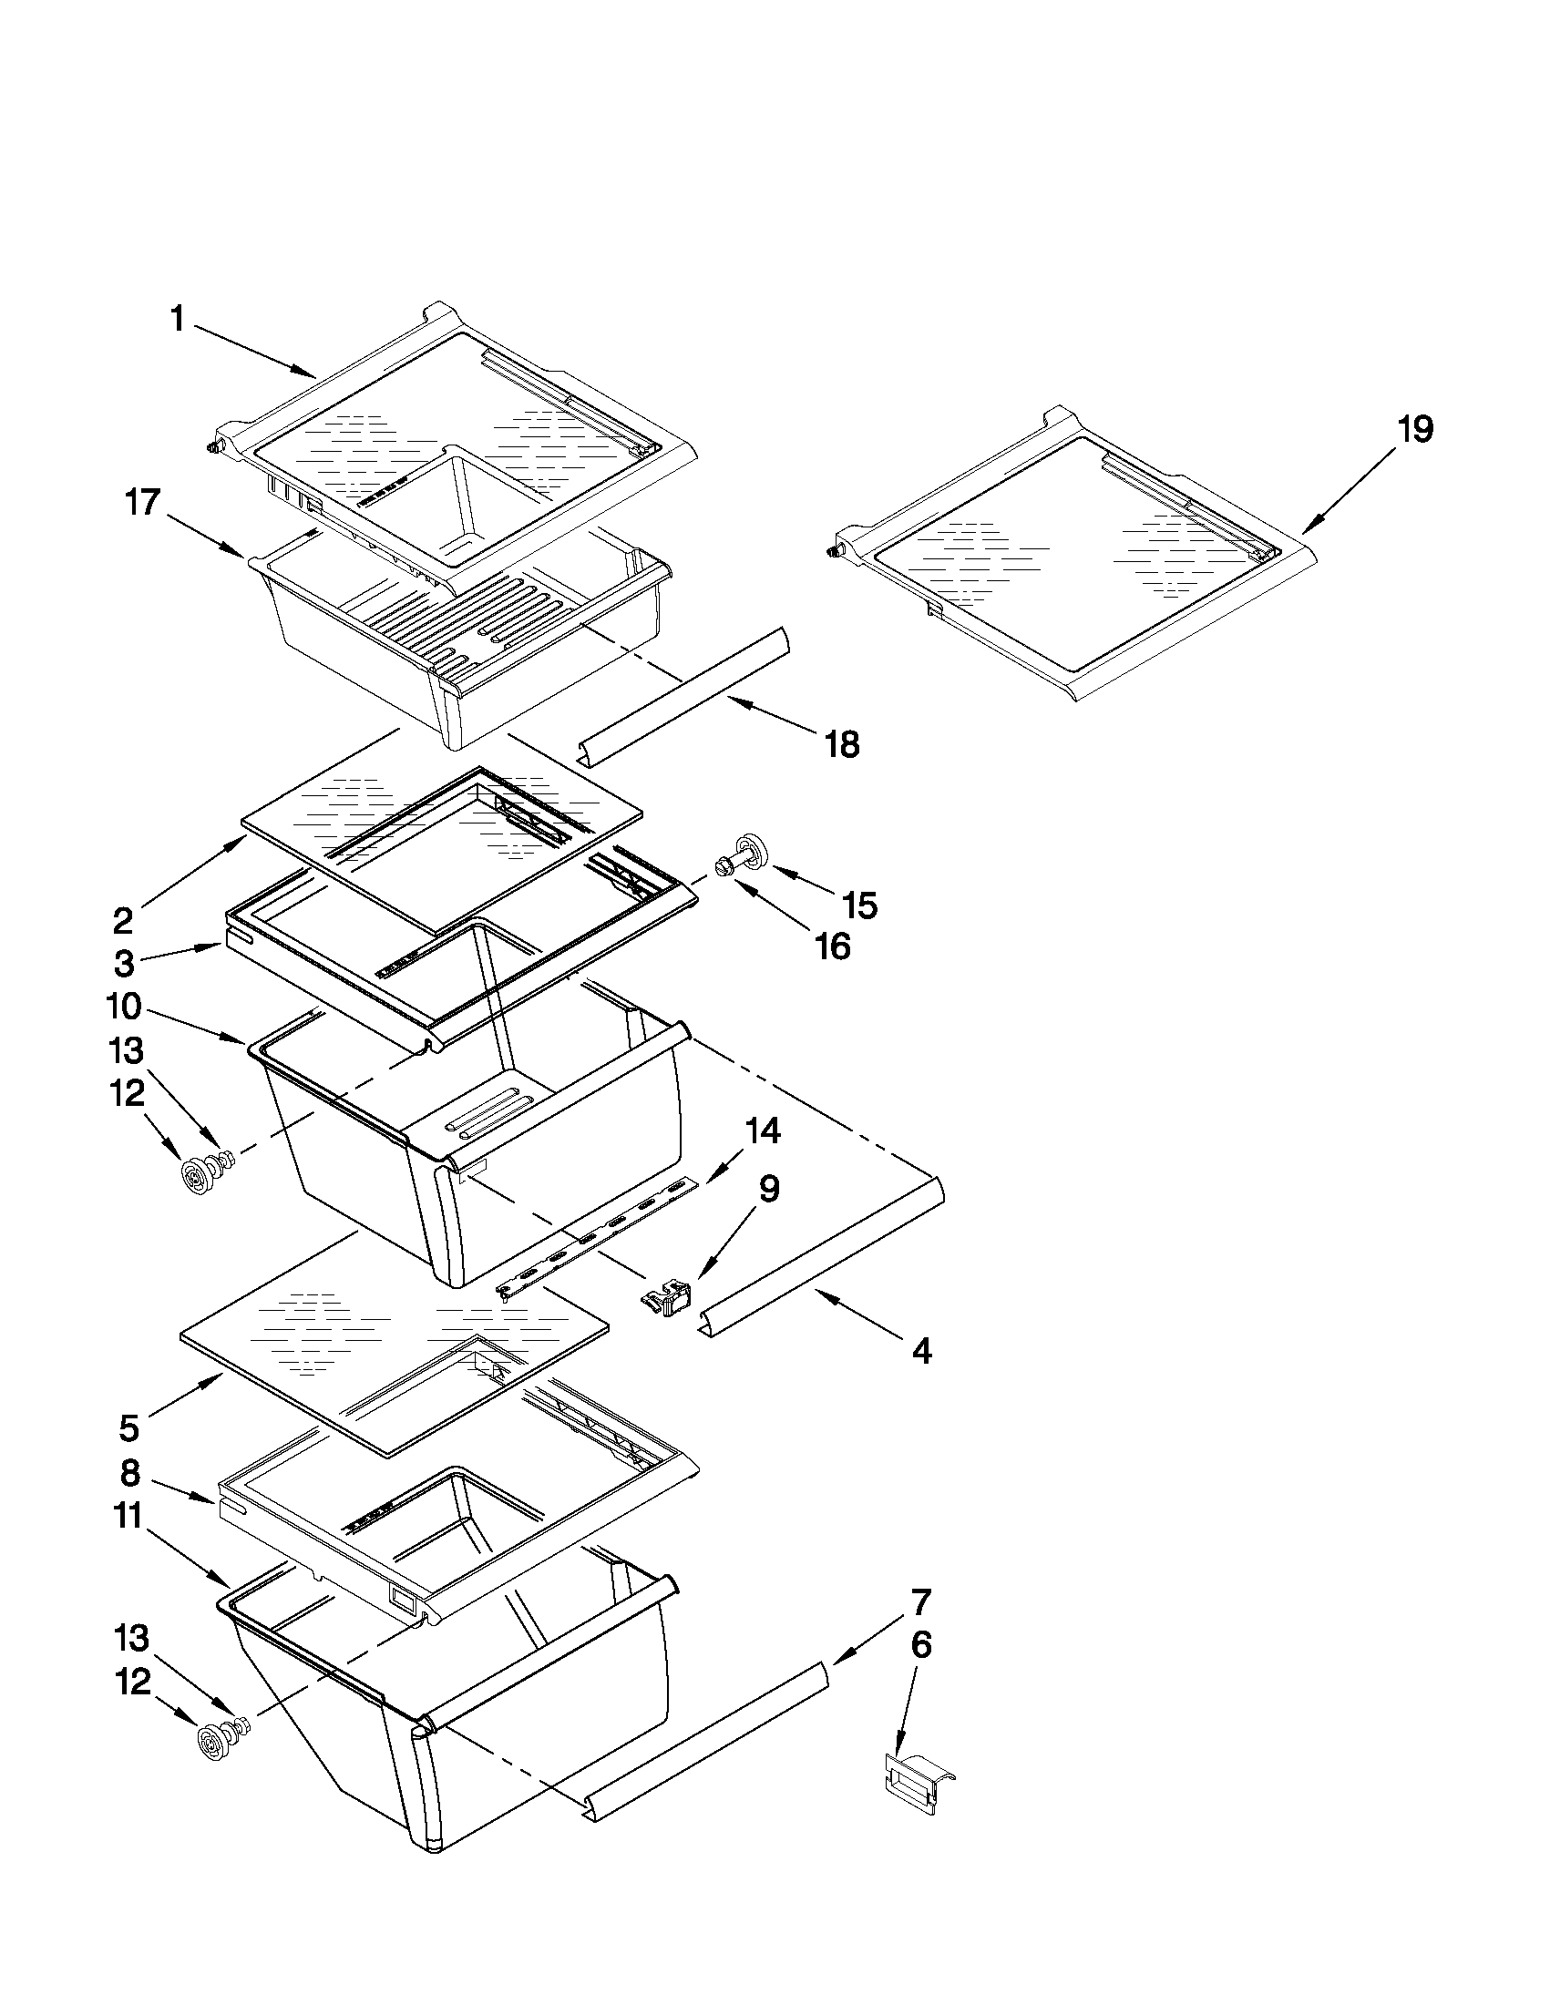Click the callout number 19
click(1414, 429)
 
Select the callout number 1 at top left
click(177, 321)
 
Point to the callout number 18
click(842, 743)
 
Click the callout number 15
click(860, 905)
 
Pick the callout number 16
click(833, 946)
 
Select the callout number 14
click(763, 1131)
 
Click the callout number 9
click(768, 1190)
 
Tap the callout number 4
click(921, 1350)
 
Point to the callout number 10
click(123, 1008)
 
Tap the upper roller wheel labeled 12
click(196, 1176)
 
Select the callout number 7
click(920, 1602)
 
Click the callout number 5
click(128, 1428)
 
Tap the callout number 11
click(128, 1516)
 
